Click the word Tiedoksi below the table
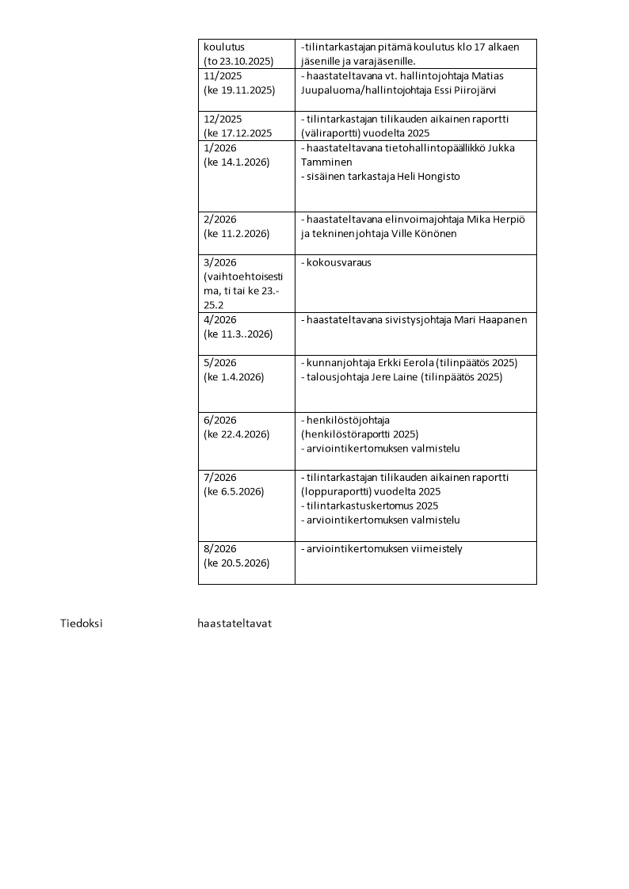tap(82, 624)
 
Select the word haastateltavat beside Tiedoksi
tap(234, 624)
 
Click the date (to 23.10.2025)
tap(238, 61)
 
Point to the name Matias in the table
tap(487, 76)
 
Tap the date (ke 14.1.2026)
tap(237, 162)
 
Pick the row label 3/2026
tap(219, 262)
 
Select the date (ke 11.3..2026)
tap(238, 334)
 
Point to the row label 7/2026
tap(219, 478)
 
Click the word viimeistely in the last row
tap(435, 549)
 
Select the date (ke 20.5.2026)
tap(237, 563)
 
